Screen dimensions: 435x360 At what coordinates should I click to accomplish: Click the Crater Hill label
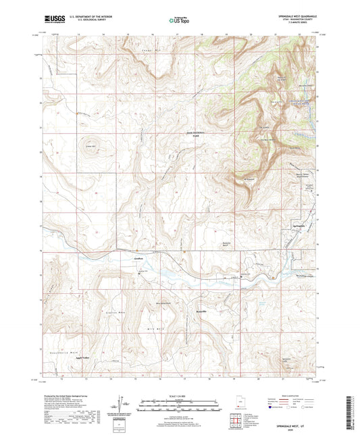90,145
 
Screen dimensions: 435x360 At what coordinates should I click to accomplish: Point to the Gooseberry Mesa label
66,352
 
